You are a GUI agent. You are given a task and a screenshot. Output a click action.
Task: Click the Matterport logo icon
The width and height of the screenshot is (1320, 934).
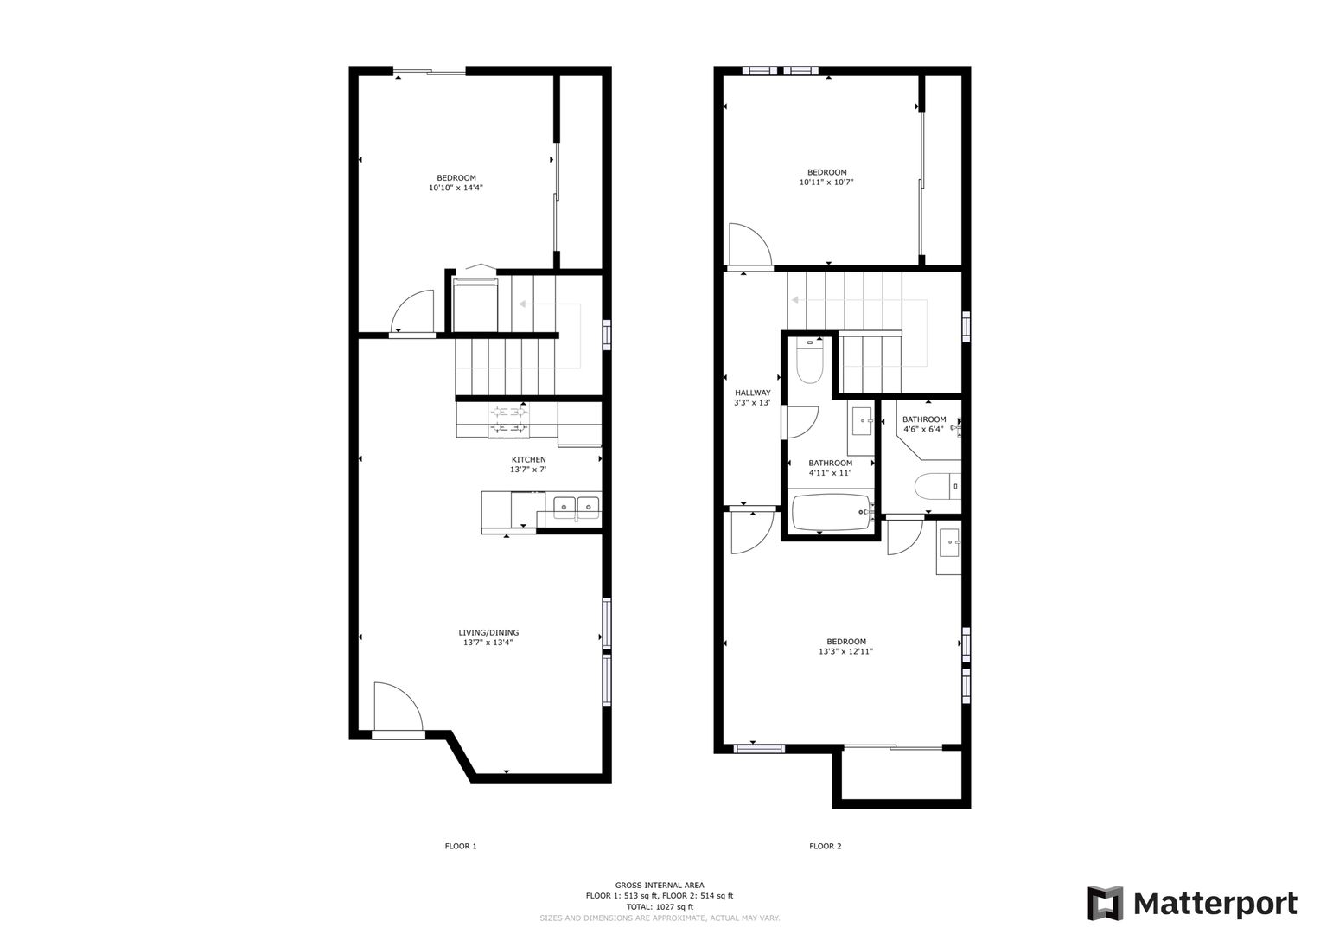(x=1105, y=903)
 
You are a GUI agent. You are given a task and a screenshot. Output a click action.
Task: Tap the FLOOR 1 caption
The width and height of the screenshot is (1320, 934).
(x=460, y=846)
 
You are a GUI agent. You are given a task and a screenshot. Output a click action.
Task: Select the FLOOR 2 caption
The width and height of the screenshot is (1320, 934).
(x=825, y=846)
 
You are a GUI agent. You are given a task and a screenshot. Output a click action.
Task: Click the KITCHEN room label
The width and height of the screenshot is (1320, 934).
(x=528, y=459)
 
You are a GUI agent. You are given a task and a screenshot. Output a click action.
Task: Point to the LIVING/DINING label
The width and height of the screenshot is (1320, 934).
(x=488, y=633)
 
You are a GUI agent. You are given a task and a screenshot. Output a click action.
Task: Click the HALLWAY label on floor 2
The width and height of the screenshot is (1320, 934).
(x=753, y=393)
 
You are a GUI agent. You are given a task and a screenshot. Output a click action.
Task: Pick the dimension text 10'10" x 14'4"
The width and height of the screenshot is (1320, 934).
(x=456, y=189)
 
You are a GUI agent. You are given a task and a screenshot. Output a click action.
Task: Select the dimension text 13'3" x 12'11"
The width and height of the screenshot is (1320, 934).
(x=845, y=651)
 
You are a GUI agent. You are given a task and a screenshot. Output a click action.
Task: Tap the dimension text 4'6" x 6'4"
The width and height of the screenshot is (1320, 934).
(x=923, y=429)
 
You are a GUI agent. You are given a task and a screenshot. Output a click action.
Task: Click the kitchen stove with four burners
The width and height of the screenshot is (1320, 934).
(x=508, y=419)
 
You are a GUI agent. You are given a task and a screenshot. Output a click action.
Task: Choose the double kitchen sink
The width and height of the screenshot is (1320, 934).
(x=576, y=506)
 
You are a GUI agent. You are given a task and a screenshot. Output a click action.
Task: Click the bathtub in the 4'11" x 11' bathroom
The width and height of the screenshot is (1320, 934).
(x=832, y=512)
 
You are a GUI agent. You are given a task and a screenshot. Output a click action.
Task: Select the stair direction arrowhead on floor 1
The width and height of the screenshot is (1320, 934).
(x=522, y=304)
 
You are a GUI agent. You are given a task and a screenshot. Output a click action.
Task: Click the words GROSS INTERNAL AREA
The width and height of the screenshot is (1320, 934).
(x=660, y=885)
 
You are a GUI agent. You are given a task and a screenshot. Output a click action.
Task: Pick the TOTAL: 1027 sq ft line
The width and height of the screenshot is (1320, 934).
(x=660, y=907)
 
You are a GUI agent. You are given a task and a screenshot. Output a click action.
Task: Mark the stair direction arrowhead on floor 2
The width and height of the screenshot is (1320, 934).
(x=795, y=300)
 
